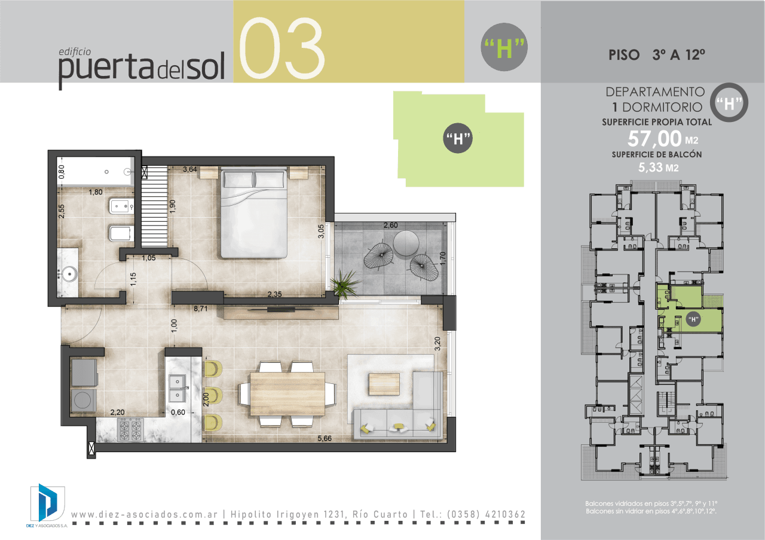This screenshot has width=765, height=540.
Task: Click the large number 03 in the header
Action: (281, 47)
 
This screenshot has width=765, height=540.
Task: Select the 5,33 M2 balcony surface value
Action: (658, 167)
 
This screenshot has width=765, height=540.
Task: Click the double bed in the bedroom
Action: (254, 212)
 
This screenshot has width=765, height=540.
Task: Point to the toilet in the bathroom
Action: (121, 233)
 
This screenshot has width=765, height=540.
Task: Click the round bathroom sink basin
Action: (71, 274)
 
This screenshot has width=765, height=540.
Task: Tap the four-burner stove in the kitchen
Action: (130, 430)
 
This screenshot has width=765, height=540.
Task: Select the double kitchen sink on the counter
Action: (178, 389)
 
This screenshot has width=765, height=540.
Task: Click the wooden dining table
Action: (287, 394)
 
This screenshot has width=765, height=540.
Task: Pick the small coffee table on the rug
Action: (384, 384)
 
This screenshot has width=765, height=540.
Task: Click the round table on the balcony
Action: (406, 243)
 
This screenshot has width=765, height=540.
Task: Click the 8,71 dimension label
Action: (200, 309)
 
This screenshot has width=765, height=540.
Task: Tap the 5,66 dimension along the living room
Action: (324, 438)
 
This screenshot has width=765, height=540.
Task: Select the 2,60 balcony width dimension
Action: (390, 225)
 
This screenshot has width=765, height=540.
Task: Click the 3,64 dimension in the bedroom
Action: (190, 169)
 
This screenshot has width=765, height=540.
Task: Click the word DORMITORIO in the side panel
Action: (662, 107)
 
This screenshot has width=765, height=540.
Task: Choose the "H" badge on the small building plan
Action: (693, 319)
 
